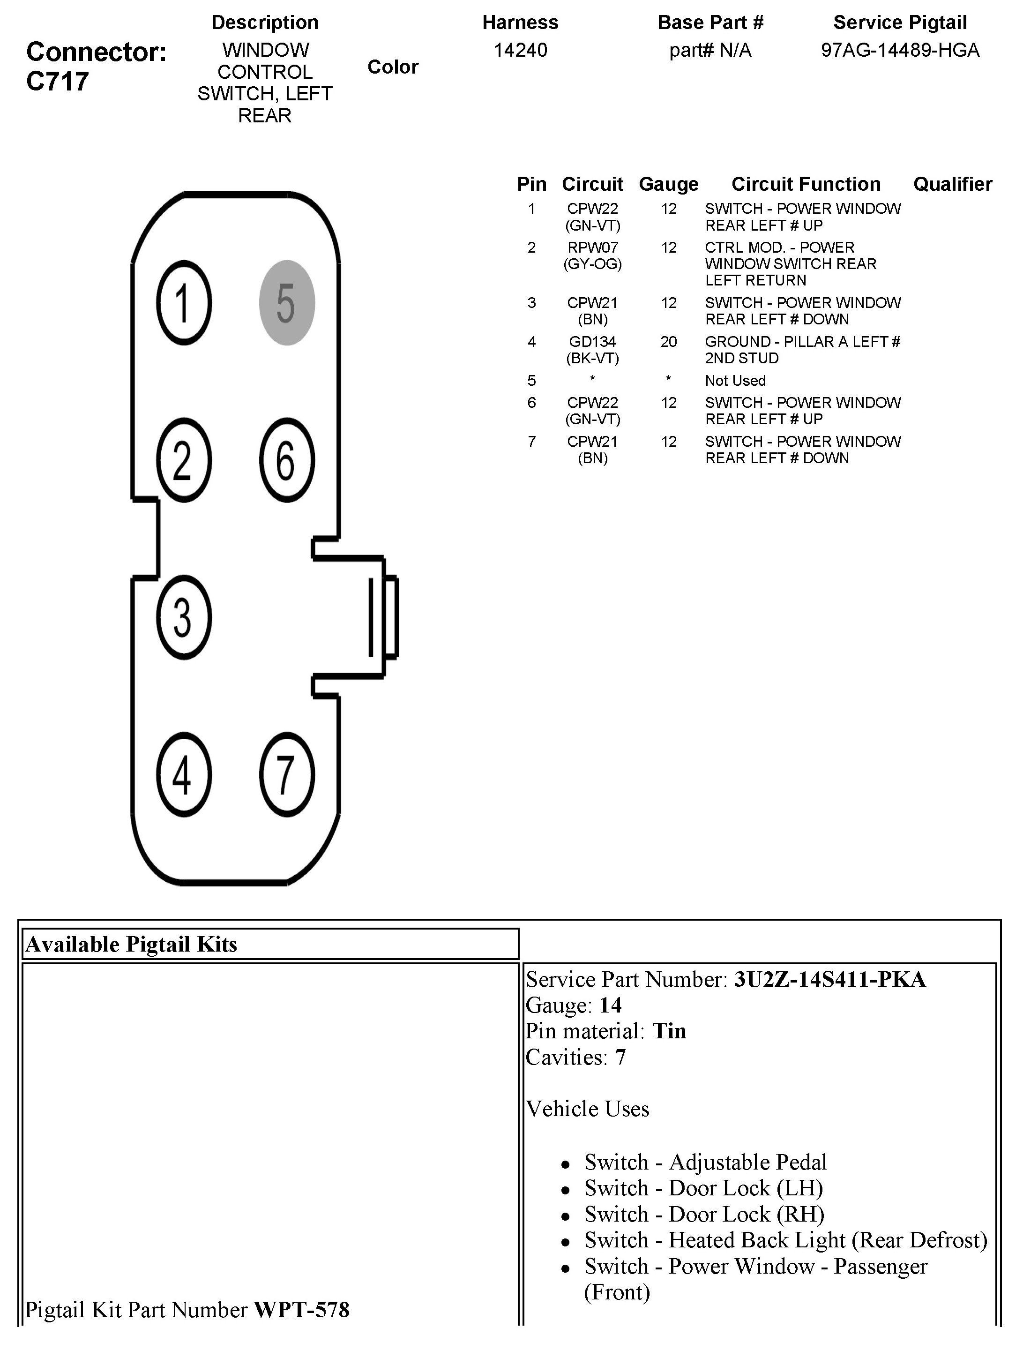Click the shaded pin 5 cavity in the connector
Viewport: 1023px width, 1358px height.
pos(287,303)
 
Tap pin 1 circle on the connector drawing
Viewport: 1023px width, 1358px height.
pos(184,303)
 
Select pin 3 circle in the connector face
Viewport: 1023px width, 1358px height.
pos(184,617)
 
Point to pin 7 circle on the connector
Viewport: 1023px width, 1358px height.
pos(287,774)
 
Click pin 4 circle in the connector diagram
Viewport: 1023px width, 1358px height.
pos(184,774)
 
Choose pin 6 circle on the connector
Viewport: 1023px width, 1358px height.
pos(287,460)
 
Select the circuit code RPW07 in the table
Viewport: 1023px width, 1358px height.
pos(592,248)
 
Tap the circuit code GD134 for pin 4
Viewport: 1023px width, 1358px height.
pos(592,342)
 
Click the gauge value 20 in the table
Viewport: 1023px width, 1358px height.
pos(668,342)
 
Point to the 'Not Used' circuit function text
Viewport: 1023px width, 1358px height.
pos(735,381)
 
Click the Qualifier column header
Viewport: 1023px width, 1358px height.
pos(952,184)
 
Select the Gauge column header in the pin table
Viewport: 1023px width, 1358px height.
pos(668,184)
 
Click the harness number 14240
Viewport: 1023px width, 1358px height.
pos(520,50)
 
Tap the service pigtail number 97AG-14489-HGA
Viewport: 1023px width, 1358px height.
pos(900,50)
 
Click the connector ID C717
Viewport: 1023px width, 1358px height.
pos(58,82)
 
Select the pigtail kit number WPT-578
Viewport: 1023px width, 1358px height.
pos(301,1310)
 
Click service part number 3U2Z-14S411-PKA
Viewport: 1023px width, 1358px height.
pos(829,979)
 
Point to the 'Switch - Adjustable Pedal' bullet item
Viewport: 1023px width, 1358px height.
pos(705,1162)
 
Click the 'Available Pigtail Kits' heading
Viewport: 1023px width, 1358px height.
pos(131,944)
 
